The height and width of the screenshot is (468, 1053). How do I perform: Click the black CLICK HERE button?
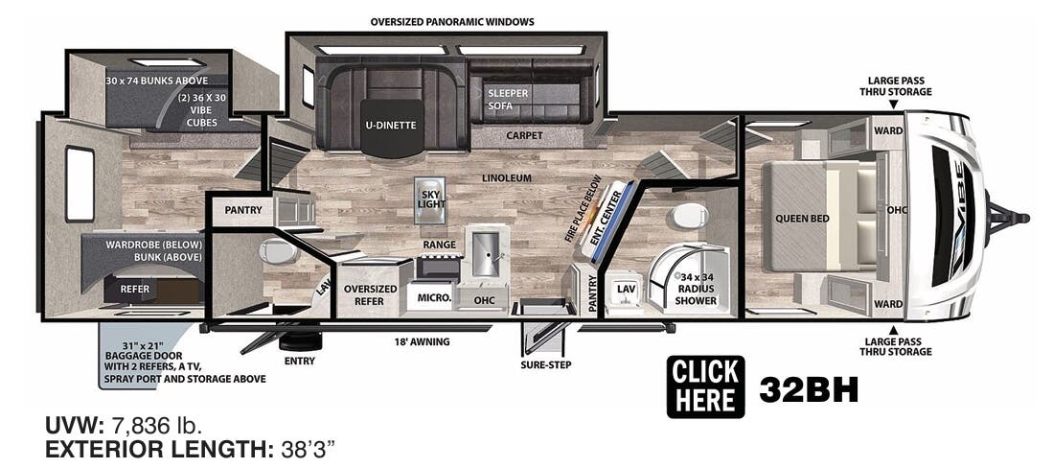705,386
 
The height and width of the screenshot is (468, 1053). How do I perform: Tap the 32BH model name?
808,388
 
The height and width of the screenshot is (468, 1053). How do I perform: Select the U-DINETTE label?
389,125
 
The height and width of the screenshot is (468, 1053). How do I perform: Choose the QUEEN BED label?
802,219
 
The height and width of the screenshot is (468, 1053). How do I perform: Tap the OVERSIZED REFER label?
370,294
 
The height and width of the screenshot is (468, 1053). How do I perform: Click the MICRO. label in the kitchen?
434,298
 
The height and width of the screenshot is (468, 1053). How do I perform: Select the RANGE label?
439,245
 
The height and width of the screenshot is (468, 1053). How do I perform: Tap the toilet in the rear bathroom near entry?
277,252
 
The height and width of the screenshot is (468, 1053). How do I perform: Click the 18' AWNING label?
422,340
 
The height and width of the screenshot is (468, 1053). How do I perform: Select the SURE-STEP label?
541,364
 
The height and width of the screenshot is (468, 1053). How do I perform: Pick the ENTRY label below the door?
299,361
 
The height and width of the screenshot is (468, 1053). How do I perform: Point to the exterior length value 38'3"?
308,448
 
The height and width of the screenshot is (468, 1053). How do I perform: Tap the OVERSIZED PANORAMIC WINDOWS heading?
452,21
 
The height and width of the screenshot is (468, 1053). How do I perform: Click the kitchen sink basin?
484,252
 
